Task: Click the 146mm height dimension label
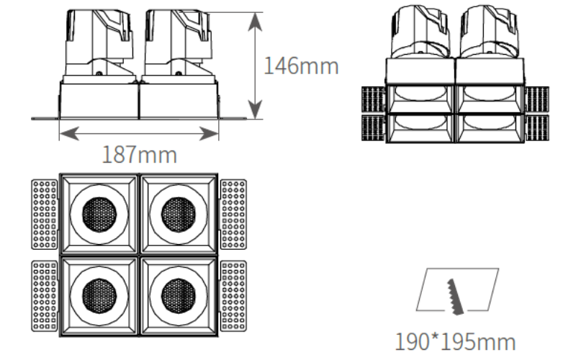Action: [x=301, y=66]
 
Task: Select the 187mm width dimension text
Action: [x=140, y=155]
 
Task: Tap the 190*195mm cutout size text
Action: [x=455, y=341]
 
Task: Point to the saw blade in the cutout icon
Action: [x=456, y=297]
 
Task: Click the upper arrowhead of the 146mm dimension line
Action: [x=255, y=22]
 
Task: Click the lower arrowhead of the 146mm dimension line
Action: [x=255, y=109]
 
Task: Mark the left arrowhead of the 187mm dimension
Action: [x=69, y=133]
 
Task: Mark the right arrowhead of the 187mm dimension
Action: [x=209, y=133]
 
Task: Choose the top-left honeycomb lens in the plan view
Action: [x=99, y=215]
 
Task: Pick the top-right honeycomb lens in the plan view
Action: [x=179, y=215]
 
